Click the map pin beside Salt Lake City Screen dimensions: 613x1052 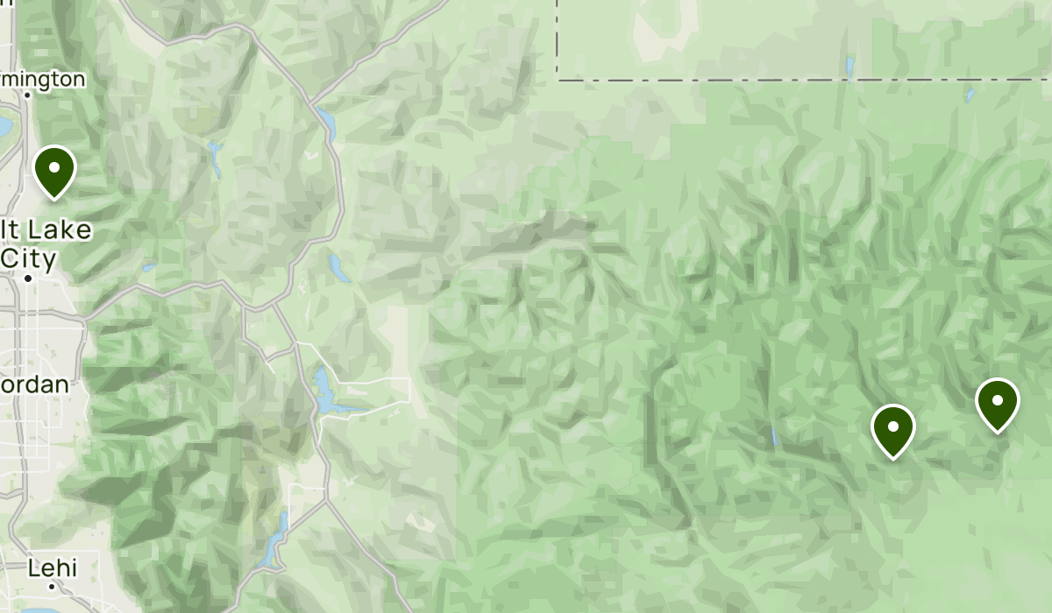pos(54,169)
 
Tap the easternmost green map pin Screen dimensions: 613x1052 pos(997,403)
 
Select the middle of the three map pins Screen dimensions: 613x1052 pos(892,429)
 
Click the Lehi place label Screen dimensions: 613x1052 pos(52,567)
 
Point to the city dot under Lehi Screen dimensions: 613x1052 pos(52,586)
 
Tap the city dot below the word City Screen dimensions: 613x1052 pos(28,278)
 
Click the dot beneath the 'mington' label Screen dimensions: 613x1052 pos(28,95)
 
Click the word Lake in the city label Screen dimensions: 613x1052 pos(58,230)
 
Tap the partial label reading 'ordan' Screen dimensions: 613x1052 pos(34,384)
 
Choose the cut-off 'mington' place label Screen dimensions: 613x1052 pos(43,79)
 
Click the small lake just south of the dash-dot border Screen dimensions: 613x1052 pos(970,94)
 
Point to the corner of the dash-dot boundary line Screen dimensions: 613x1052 pos(558,80)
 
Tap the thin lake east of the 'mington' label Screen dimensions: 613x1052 pos(215,158)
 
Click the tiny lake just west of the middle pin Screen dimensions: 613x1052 pos(773,435)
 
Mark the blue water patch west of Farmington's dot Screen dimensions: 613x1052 pos(4,126)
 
